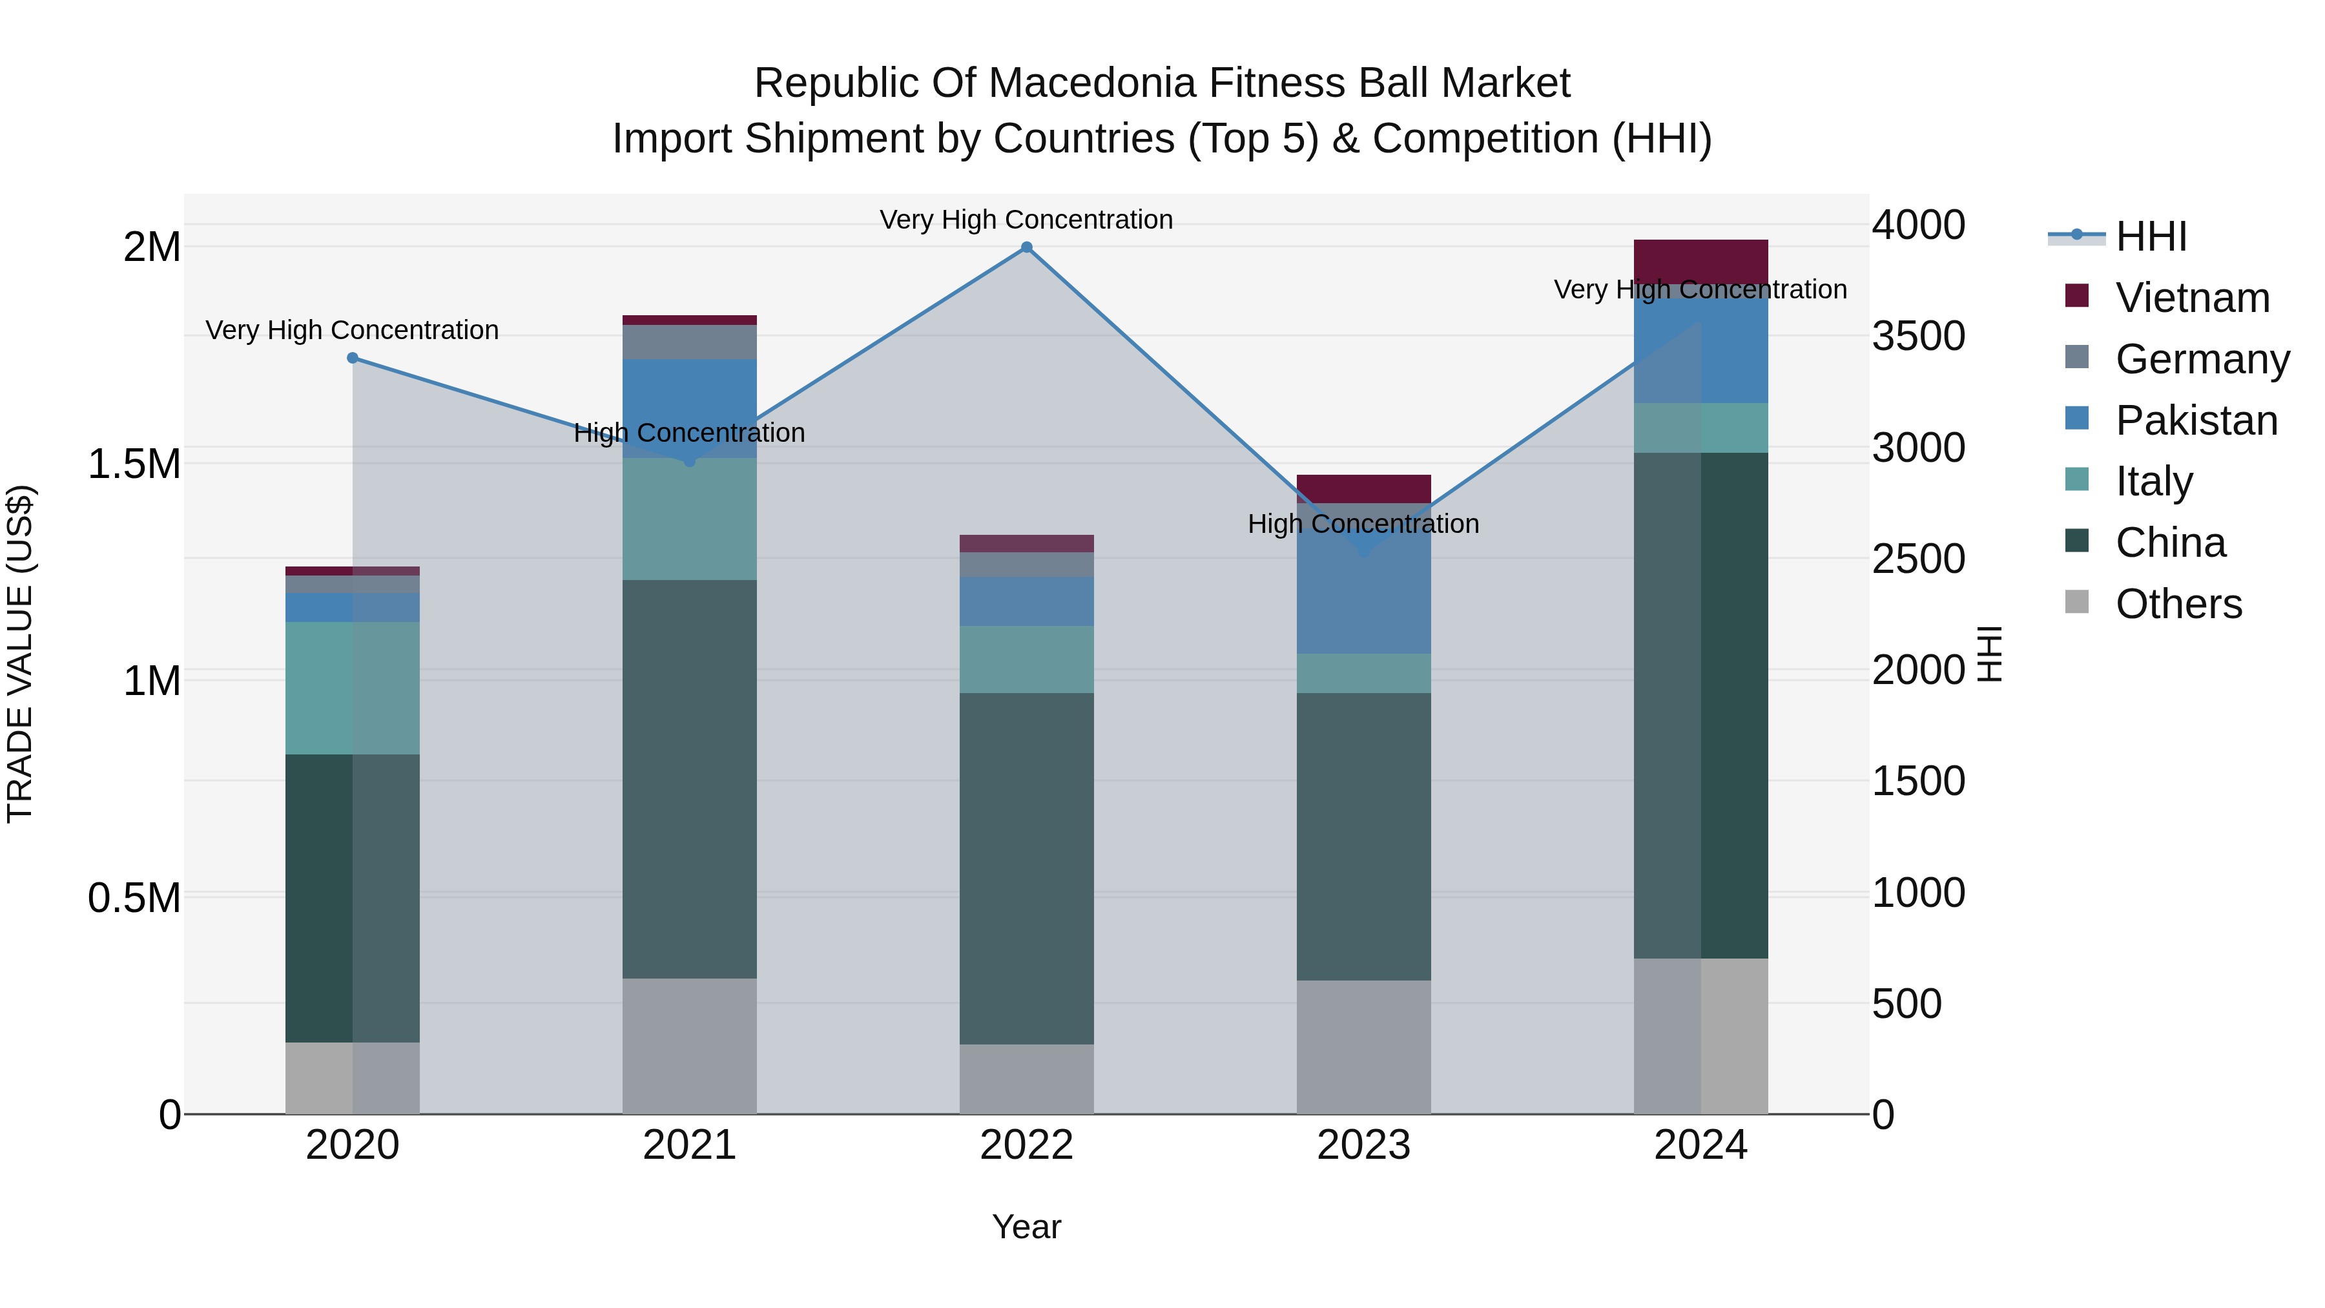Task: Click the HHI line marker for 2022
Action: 1026,247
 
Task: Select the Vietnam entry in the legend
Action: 2191,298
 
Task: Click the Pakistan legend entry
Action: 2196,420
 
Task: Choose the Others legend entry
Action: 2178,604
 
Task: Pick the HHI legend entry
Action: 2151,236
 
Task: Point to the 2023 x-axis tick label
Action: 1363,1145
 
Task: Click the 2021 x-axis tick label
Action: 690,1145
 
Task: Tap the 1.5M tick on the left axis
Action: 134,464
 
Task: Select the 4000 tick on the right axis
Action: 1918,225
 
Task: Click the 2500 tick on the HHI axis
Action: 1918,559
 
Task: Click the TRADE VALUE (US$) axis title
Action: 20,654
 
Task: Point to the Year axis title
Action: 1026,1227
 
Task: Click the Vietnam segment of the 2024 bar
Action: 1700,262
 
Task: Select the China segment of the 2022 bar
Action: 1026,868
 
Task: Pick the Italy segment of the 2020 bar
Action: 353,688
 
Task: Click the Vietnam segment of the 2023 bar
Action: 1363,488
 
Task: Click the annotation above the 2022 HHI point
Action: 1026,220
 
